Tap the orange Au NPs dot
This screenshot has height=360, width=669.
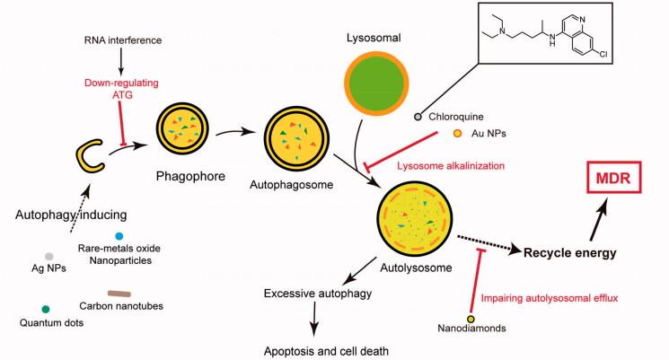point(458,135)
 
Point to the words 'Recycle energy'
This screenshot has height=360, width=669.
point(572,253)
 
